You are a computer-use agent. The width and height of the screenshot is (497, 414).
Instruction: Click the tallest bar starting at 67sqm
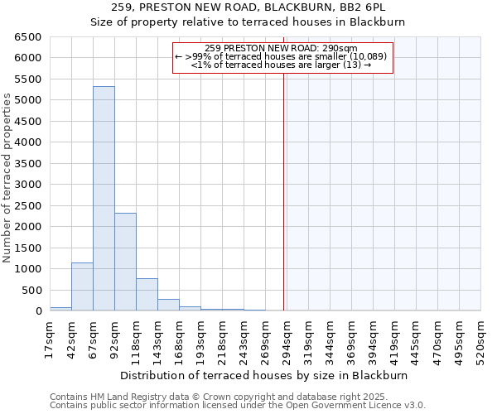[x=104, y=199]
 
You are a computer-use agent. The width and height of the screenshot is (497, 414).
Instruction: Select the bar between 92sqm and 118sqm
[x=125, y=262]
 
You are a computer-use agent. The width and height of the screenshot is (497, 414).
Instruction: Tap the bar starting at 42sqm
[x=82, y=286]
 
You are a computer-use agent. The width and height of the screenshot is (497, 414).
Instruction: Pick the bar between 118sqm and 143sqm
[x=147, y=295]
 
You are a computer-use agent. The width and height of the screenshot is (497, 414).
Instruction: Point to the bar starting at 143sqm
[x=168, y=305]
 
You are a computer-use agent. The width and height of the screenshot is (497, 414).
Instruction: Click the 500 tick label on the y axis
[x=31, y=290]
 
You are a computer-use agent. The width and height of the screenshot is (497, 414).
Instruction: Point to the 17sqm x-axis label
[x=51, y=339]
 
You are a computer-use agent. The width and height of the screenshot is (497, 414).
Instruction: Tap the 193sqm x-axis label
[x=201, y=339]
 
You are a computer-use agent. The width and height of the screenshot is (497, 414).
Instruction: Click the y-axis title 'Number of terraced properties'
[x=7, y=178]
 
